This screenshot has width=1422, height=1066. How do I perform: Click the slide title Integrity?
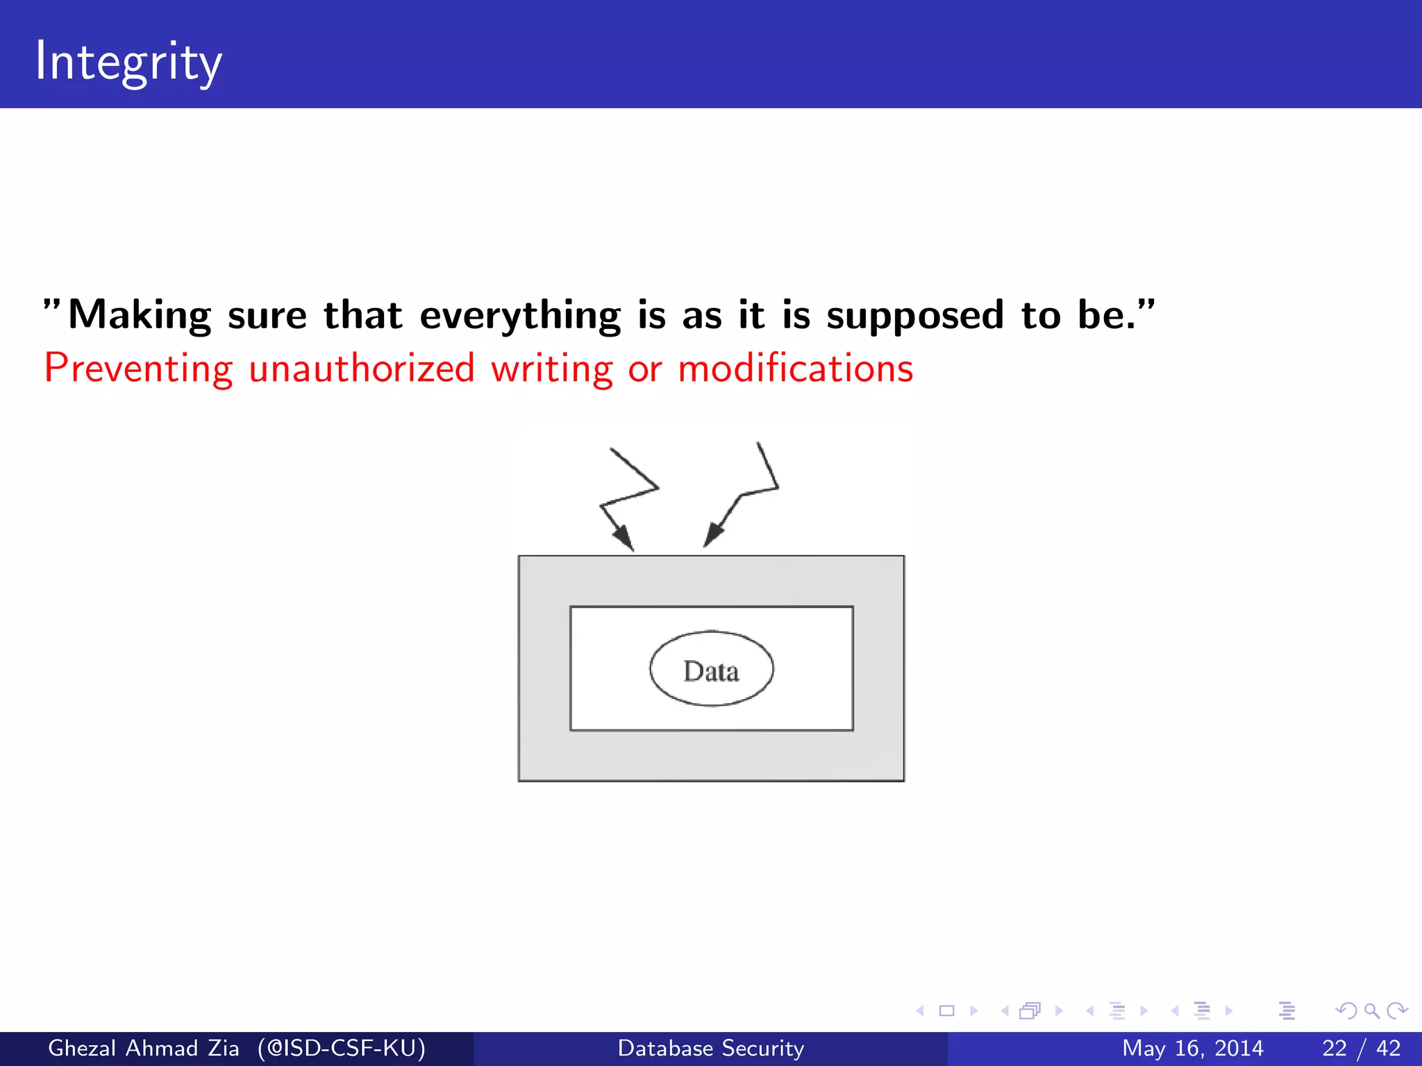128,62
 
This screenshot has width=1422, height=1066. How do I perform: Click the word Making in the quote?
139,316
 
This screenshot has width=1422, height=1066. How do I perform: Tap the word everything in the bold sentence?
520,316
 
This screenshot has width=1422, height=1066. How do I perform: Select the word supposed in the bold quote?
915,316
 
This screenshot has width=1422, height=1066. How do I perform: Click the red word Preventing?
138,369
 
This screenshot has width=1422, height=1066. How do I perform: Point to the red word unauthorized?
361,369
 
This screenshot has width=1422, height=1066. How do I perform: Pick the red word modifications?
795,369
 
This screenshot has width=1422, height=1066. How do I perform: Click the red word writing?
551,369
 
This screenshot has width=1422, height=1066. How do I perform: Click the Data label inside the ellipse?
711,671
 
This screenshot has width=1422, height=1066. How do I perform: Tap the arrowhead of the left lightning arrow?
624,539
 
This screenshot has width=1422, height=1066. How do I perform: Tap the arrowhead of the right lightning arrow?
712,536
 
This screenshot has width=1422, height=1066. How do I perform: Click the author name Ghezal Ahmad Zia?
143,1048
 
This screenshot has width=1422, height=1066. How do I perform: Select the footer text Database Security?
711,1048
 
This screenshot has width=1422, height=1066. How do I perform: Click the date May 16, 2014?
1192,1048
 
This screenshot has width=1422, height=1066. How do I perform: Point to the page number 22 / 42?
1361,1048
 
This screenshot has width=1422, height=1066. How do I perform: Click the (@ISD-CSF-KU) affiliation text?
341,1048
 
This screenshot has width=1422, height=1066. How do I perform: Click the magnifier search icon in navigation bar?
1371,1011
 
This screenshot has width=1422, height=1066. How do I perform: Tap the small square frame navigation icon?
946,1011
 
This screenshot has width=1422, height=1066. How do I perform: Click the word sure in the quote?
267,316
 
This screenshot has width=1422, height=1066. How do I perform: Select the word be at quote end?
1101,316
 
